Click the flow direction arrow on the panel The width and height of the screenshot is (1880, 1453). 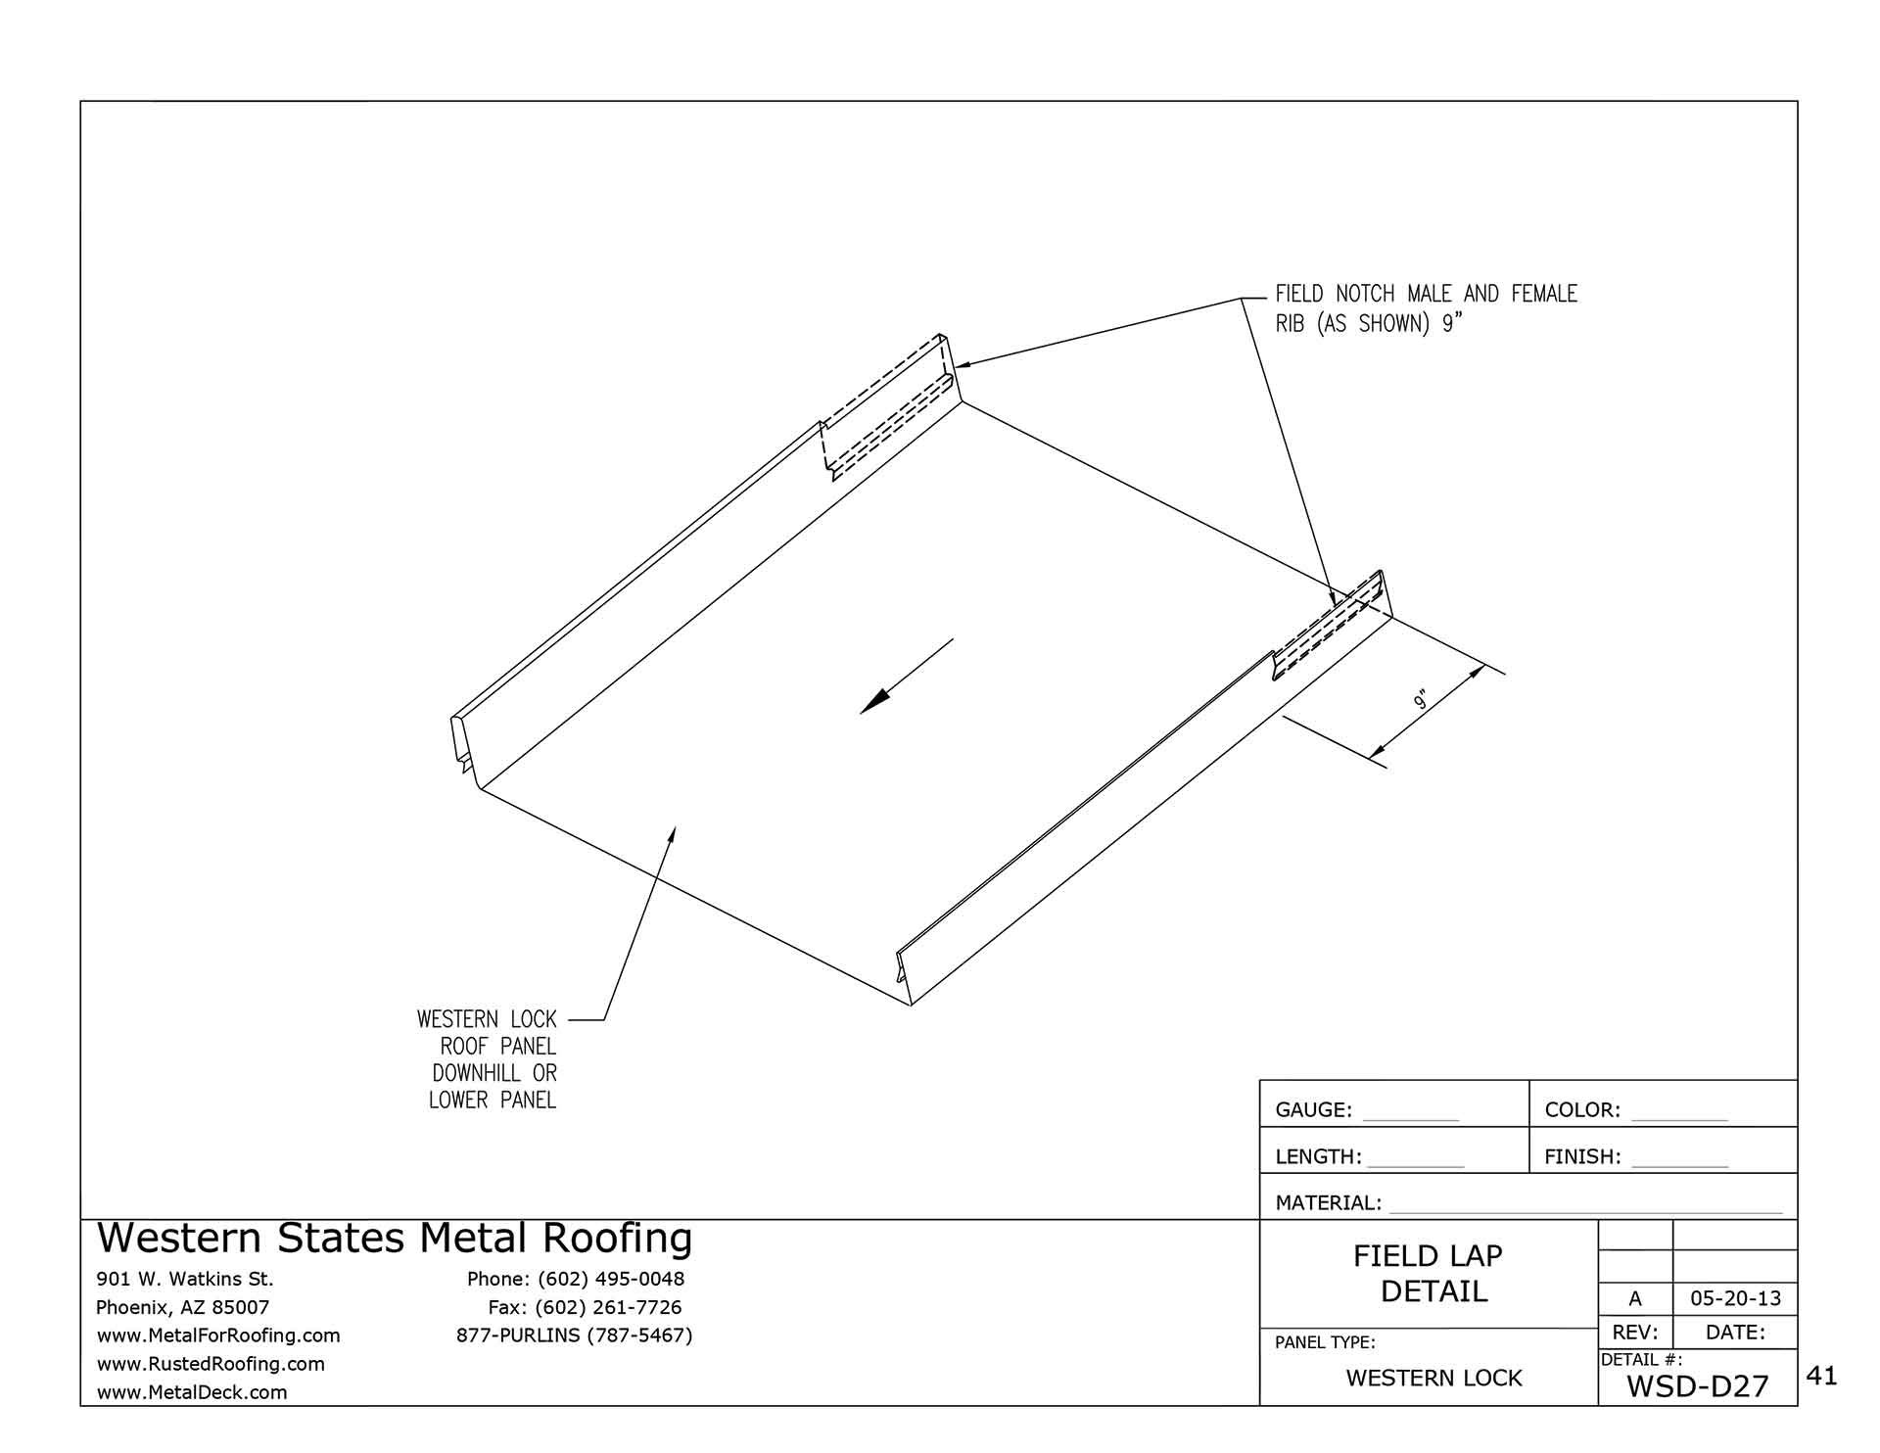(x=906, y=677)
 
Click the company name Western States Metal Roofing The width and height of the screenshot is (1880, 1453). (x=395, y=1239)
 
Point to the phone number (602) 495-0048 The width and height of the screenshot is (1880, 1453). (x=610, y=1279)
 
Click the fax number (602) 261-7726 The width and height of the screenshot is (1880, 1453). (x=608, y=1307)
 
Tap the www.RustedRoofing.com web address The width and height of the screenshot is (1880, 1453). (x=211, y=1364)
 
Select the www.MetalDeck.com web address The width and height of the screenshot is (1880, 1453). (x=192, y=1392)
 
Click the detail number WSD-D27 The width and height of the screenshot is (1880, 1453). (x=1697, y=1386)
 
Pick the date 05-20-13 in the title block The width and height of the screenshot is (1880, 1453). (x=1735, y=1299)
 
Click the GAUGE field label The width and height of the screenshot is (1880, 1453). (x=1313, y=1110)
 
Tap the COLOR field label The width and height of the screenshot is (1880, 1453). (x=1582, y=1110)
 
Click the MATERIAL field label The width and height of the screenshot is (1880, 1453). (x=1328, y=1203)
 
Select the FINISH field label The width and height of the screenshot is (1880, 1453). (x=1582, y=1157)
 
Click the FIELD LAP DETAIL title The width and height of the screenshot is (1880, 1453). (x=1430, y=1274)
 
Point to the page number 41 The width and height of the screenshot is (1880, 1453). (x=1821, y=1377)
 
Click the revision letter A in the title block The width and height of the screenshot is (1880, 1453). (x=1634, y=1299)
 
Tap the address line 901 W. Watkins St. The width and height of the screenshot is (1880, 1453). (x=185, y=1279)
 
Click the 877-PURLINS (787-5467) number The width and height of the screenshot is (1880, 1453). (x=574, y=1336)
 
